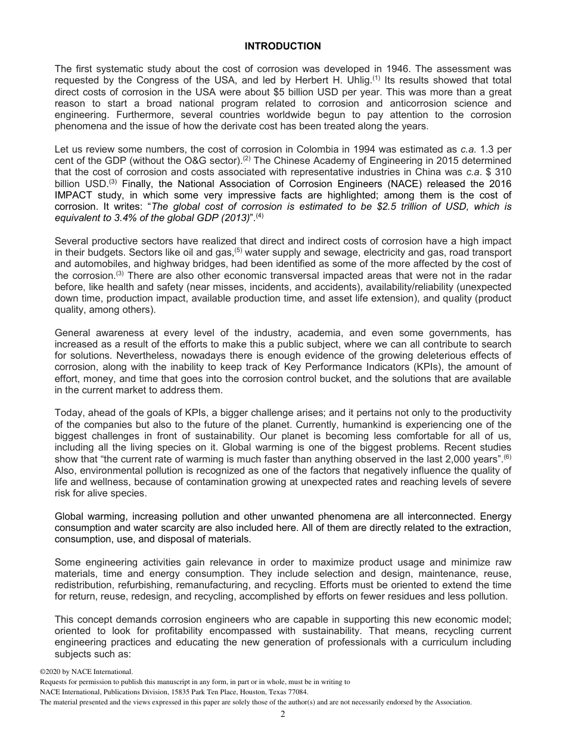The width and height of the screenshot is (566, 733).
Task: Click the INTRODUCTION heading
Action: pyautogui.click(x=282, y=46)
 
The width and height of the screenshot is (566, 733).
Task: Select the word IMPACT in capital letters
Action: pyautogui.click(x=74, y=195)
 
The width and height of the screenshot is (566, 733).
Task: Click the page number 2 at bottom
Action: pyautogui.click(x=282, y=715)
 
